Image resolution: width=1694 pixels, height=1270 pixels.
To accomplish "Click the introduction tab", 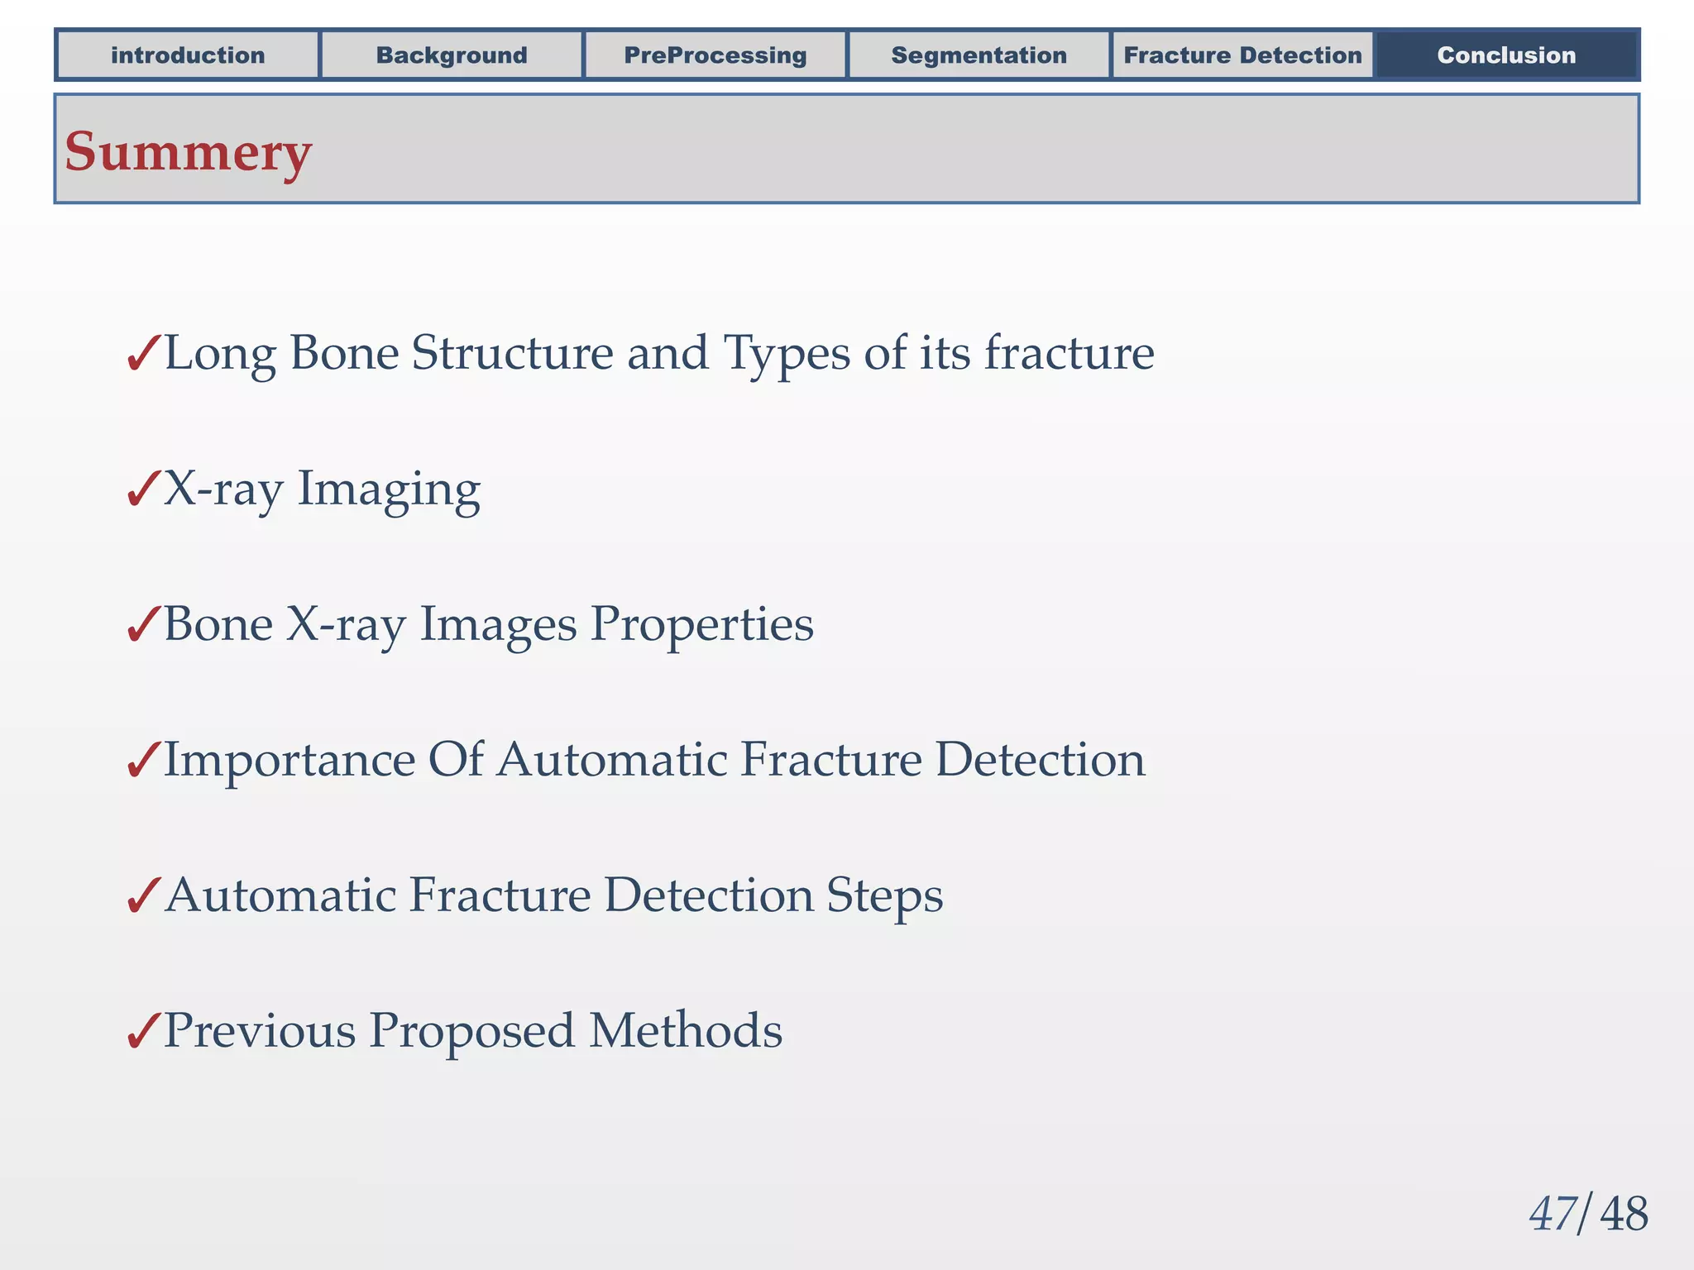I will click(188, 55).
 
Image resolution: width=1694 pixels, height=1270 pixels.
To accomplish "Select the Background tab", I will click(452, 55).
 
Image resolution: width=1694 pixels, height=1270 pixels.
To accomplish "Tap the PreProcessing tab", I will click(715, 55).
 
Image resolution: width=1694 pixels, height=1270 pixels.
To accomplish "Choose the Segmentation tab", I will click(979, 55).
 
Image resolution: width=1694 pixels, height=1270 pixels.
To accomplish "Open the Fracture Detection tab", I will click(1242, 55).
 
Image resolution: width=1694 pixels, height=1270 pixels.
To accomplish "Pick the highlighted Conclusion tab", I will click(1506, 55).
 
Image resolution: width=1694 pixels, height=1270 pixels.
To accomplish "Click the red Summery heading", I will click(189, 152).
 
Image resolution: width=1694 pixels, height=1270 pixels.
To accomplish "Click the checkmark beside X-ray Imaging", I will click(143, 489).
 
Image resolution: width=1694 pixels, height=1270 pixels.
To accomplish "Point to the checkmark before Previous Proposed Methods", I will click(143, 1032).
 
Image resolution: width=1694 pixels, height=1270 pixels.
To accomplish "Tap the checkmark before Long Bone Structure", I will click(143, 354).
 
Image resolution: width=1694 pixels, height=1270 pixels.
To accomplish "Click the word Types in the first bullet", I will click(787, 354).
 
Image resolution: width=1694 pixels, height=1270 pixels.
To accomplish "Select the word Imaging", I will click(389, 489).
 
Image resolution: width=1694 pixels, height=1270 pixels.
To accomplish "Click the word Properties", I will click(701, 624).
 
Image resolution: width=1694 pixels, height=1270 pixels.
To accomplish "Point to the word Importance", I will click(290, 760).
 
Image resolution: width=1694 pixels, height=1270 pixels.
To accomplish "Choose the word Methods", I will click(685, 1031).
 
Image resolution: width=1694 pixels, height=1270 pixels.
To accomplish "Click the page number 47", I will click(1553, 1215).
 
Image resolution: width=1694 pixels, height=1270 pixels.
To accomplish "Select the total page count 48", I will click(1624, 1215).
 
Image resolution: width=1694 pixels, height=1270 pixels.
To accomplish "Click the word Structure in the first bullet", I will click(513, 354).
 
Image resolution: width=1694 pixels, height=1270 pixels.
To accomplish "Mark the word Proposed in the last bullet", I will click(471, 1032).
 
